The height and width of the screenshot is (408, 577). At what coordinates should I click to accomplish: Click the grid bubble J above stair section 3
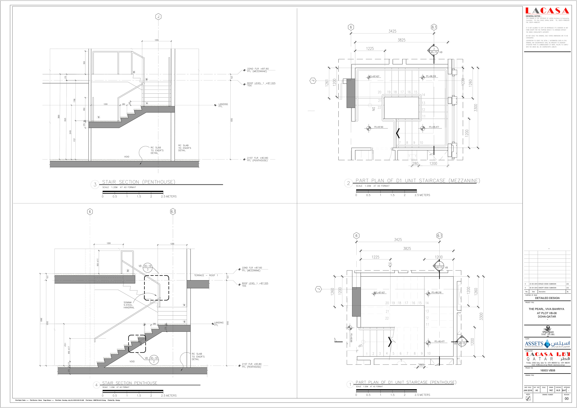coord(158,17)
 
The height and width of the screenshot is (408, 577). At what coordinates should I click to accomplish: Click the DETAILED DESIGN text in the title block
coord(547,298)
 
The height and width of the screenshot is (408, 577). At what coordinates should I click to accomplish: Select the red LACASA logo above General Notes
coord(547,11)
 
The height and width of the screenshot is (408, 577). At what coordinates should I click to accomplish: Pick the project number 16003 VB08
coord(548,370)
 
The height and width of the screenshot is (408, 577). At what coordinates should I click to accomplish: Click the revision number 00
coord(566,398)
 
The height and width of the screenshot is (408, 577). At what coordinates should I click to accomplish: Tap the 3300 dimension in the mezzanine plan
coord(475,108)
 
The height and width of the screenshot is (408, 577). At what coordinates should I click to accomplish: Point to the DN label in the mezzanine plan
coord(373,109)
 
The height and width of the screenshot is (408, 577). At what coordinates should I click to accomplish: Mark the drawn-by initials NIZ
coord(551,390)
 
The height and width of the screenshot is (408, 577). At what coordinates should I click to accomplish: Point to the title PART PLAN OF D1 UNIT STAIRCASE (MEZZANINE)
coord(417,181)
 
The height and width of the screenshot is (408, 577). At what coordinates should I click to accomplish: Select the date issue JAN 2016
coord(528,390)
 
